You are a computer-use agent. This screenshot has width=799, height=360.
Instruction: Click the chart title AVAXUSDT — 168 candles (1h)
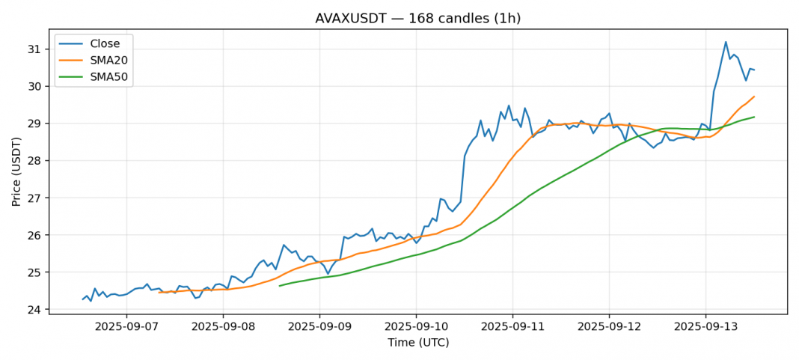[418, 18]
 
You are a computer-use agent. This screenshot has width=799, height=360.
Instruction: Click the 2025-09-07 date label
[126, 327]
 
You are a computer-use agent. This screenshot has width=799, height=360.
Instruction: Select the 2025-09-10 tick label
[416, 327]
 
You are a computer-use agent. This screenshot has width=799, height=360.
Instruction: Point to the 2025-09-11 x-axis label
[512, 327]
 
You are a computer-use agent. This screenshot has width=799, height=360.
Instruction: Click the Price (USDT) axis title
[16, 171]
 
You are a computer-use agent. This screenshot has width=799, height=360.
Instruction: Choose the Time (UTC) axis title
[418, 343]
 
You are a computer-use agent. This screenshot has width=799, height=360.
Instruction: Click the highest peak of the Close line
[726, 42]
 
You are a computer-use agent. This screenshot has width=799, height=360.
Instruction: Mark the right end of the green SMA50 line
[754, 117]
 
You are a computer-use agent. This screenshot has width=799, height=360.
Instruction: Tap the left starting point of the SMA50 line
[280, 286]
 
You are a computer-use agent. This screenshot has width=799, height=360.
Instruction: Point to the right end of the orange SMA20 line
[754, 97]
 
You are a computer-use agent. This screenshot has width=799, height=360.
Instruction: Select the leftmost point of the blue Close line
[83, 299]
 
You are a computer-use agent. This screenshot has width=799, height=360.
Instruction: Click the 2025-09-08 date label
[223, 327]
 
